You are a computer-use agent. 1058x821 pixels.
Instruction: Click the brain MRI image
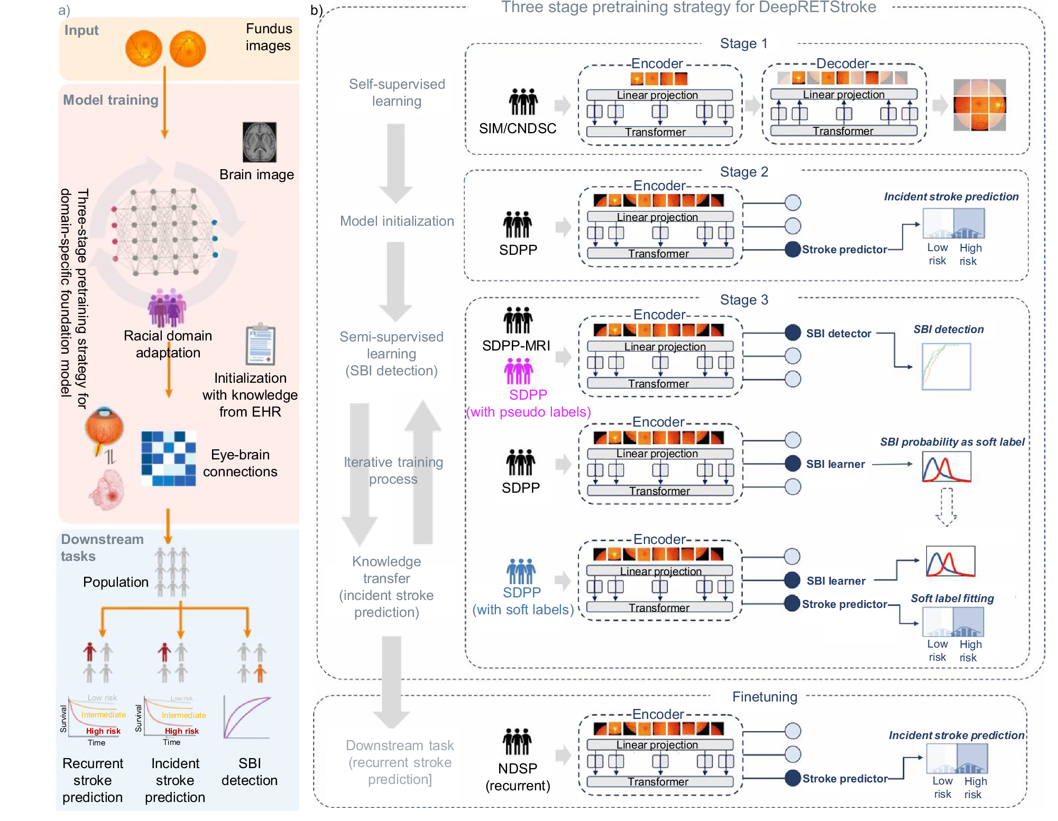coord(259,142)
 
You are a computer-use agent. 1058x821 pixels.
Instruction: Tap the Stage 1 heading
coord(743,44)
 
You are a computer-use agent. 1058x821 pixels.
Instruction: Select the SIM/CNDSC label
coord(518,128)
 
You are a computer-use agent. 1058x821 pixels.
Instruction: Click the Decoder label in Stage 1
coord(842,63)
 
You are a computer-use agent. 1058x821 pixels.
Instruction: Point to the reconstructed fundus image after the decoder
coord(979,105)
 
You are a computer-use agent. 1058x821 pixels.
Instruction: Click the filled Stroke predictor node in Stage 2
coord(793,249)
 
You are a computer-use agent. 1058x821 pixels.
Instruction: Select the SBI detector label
coord(839,334)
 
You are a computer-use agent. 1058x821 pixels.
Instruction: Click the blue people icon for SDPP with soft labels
coord(521,571)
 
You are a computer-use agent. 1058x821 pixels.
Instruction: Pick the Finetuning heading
coord(765,697)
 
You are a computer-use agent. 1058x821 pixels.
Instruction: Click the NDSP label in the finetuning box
coord(518,768)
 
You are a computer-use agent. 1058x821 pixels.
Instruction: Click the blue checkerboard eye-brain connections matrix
coord(169,458)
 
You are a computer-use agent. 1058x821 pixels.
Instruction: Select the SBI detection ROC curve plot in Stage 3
coord(946,366)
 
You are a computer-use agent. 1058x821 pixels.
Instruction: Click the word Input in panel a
coord(81,31)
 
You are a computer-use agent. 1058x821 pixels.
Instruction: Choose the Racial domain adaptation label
coord(168,344)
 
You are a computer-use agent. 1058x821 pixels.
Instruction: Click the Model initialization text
coord(397,221)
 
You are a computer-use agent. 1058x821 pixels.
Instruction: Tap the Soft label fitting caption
coord(952,598)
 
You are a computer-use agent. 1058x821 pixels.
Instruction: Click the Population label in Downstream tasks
coord(116,582)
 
